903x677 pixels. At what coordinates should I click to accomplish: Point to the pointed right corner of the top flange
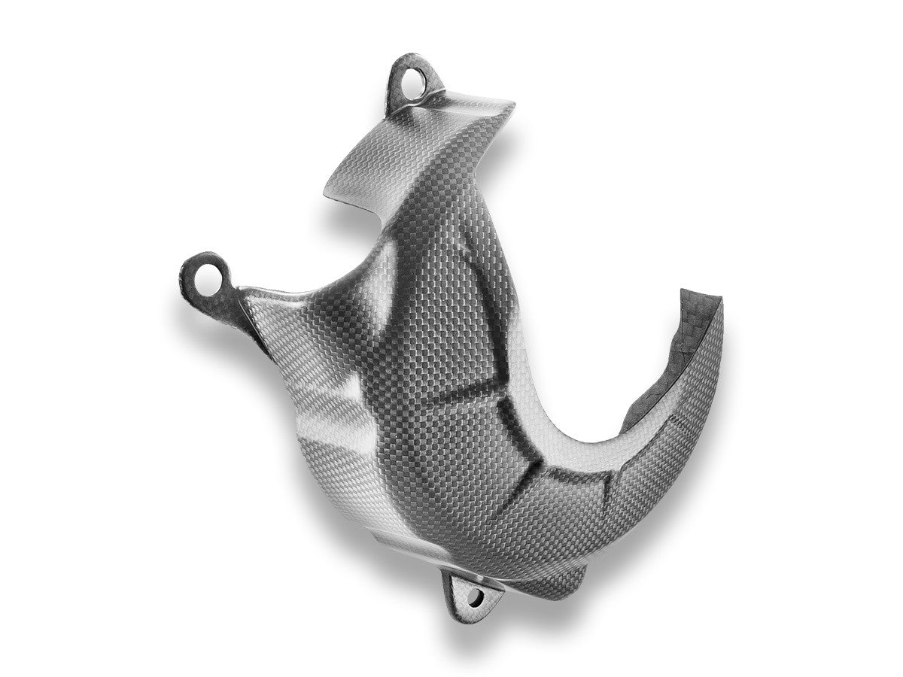[x=513, y=103]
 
